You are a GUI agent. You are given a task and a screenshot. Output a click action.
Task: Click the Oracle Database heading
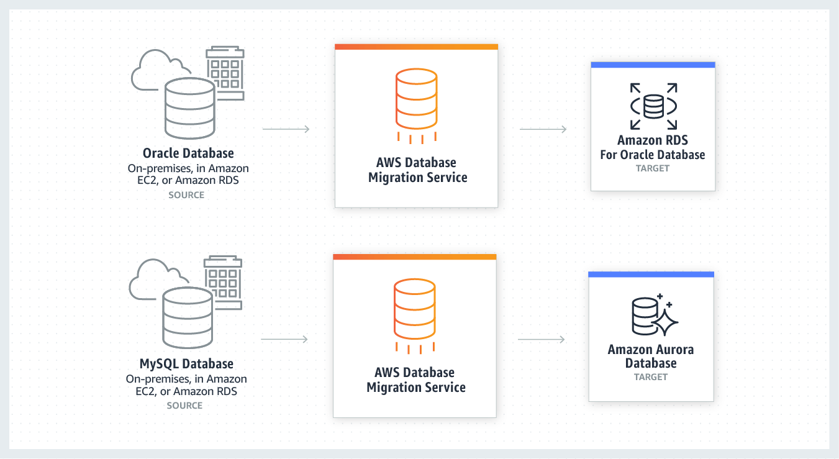click(188, 153)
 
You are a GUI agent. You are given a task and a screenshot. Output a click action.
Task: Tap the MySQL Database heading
click(186, 363)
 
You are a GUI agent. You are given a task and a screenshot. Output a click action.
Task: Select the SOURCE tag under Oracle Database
click(186, 195)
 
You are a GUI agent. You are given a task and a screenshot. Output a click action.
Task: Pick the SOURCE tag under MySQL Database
click(184, 406)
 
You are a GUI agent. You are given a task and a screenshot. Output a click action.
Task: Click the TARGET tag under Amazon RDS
click(652, 168)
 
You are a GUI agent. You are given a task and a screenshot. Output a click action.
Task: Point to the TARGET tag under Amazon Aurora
click(650, 377)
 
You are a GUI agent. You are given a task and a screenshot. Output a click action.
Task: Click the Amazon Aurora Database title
click(650, 356)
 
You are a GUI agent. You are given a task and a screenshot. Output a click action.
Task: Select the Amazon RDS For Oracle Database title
click(652, 147)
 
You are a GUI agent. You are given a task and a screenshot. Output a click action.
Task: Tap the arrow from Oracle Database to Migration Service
click(286, 129)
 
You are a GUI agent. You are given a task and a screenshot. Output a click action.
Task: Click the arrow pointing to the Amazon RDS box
click(543, 129)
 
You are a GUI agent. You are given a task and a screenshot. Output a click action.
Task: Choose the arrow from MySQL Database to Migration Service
click(284, 339)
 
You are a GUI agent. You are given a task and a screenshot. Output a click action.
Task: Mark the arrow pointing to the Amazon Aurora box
click(541, 339)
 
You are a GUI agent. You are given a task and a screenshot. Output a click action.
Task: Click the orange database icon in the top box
click(416, 99)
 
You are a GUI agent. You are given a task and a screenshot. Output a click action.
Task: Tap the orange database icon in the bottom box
click(415, 309)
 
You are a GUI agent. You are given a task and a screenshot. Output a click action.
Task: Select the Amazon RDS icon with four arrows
click(653, 106)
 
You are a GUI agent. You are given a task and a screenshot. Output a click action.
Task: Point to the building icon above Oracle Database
click(225, 72)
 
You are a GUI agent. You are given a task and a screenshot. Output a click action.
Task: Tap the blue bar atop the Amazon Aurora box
click(651, 275)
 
